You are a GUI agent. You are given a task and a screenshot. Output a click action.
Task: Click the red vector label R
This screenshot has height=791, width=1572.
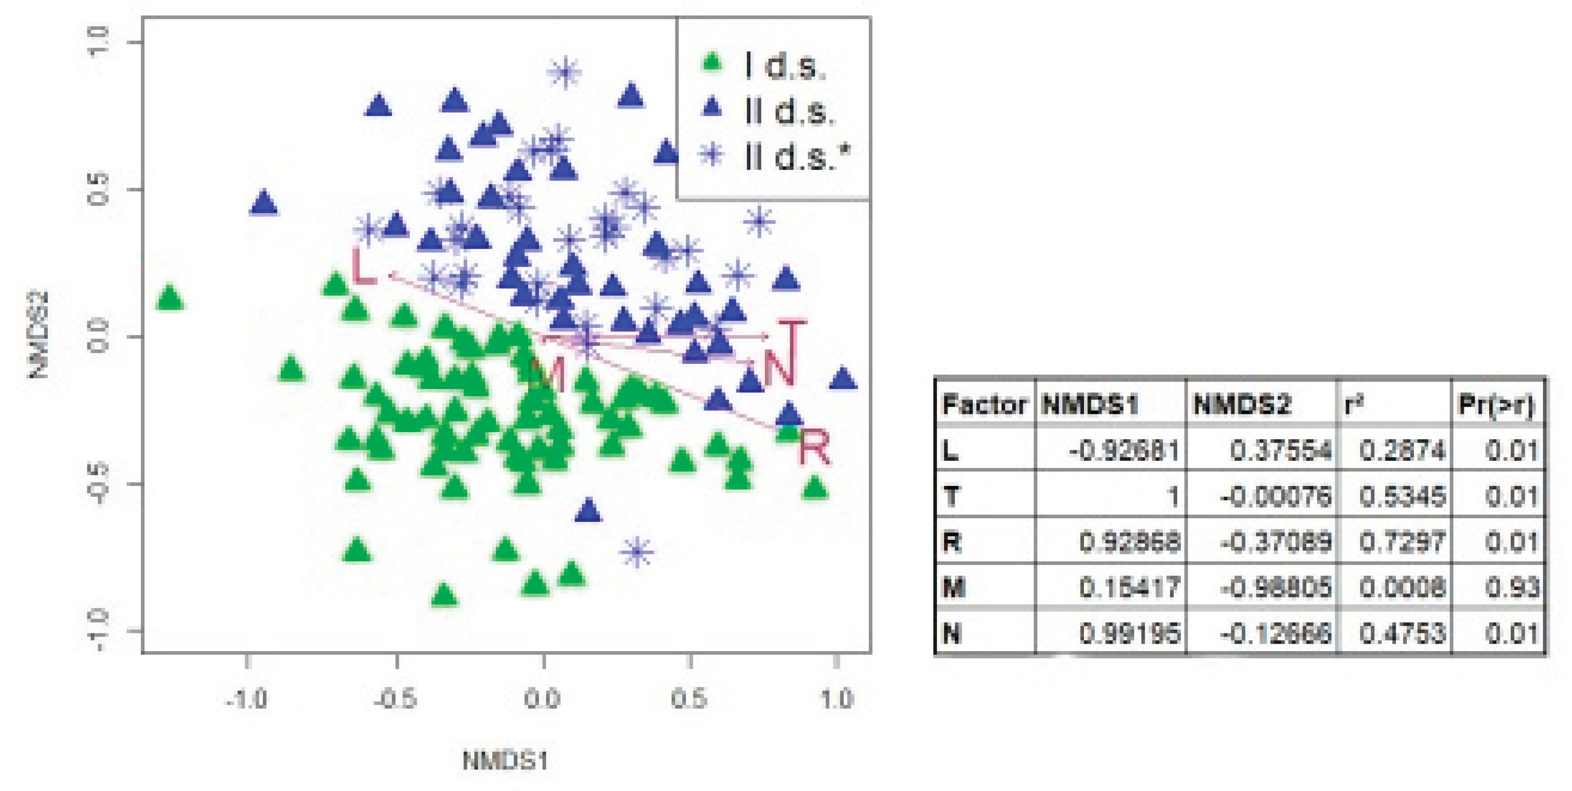tap(814, 447)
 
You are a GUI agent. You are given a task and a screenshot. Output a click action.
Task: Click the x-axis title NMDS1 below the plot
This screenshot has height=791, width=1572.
tap(505, 761)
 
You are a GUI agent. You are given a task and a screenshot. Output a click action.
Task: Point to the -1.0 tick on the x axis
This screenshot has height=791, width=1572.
tap(247, 698)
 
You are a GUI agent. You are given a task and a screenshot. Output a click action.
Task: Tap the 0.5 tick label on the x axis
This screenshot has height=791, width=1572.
tap(689, 698)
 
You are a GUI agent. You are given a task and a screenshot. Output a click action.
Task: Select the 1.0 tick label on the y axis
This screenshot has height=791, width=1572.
tap(98, 42)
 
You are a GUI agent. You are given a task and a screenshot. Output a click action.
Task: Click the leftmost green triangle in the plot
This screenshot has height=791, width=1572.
tap(170, 298)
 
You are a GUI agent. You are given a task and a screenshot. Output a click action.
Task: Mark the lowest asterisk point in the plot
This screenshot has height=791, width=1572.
tap(636, 552)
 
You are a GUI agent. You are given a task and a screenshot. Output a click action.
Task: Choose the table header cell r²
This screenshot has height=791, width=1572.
tap(1354, 405)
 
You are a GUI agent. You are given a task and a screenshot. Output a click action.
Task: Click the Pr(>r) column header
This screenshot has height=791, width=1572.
tap(1496, 405)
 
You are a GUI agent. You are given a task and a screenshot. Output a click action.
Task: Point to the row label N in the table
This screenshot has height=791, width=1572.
tap(952, 633)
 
